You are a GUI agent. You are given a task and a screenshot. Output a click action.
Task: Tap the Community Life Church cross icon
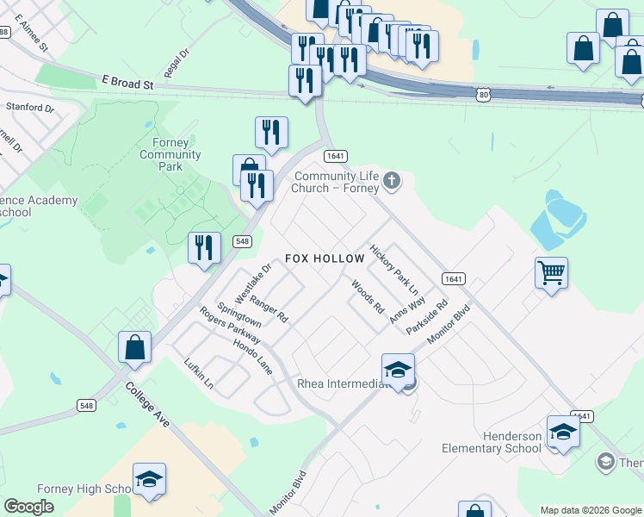point(392,180)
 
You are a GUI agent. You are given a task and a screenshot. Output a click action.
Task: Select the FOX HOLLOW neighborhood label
point(321,258)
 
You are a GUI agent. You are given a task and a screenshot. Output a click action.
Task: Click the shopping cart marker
point(551,274)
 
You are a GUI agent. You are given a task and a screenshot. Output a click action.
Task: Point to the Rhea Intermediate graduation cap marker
point(398,371)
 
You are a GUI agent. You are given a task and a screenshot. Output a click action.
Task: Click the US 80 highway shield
point(486,93)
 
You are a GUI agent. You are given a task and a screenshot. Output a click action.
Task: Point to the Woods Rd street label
point(368,296)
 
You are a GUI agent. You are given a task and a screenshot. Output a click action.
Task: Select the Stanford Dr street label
point(30,109)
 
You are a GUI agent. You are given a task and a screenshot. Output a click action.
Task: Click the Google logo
point(29,507)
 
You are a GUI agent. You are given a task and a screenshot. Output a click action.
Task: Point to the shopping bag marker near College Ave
point(135,347)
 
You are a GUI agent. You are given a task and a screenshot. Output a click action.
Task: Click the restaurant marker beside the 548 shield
point(205,248)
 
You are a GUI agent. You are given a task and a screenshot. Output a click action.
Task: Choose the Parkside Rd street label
point(428,318)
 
